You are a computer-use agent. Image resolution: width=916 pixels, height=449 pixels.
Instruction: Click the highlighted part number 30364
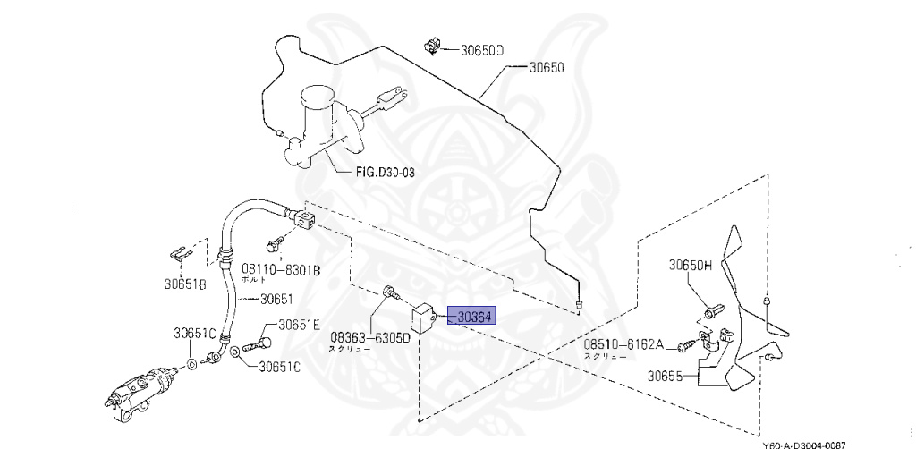(474, 317)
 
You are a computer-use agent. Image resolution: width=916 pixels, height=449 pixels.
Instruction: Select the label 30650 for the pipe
(546, 67)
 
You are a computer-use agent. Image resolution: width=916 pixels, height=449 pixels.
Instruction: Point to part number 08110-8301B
(281, 267)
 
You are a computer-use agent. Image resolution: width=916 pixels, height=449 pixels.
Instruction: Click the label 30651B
(185, 284)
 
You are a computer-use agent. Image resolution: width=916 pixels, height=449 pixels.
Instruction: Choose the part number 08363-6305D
(370, 338)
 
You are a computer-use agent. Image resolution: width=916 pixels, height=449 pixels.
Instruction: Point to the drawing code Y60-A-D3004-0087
(802, 444)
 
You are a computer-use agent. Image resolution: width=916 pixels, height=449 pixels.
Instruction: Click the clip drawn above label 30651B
(181, 253)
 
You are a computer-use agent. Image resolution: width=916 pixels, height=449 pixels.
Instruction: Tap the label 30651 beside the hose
(276, 300)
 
